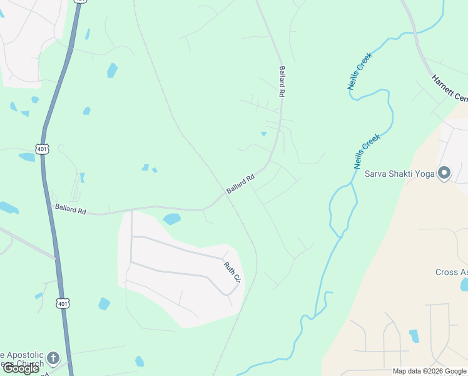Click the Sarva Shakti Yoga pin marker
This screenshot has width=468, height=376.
coord(445,172)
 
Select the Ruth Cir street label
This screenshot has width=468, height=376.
coord(232,271)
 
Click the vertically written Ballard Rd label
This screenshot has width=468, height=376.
coord(282,81)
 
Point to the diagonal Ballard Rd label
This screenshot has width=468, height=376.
coord(241,184)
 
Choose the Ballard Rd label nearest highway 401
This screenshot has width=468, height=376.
coord(70,209)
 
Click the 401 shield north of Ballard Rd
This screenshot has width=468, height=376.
coord(42,149)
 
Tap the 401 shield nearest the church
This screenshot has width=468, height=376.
coord(63,303)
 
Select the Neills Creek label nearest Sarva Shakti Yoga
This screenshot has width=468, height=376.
coord(367,150)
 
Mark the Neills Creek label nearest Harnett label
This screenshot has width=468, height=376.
coord(360,71)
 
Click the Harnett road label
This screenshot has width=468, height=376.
coord(449,88)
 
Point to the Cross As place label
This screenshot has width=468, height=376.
coord(451,272)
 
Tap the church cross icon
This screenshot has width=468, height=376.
coord(54,358)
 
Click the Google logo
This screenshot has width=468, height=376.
coord(21,368)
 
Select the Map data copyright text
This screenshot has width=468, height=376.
coord(429,371)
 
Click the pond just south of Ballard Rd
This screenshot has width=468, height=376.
coord(171,219)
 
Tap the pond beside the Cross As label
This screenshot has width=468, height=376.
coord(464,285)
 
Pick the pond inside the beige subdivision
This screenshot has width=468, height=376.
coord(414,335)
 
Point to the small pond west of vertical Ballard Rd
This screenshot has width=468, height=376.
coord(263,133)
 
